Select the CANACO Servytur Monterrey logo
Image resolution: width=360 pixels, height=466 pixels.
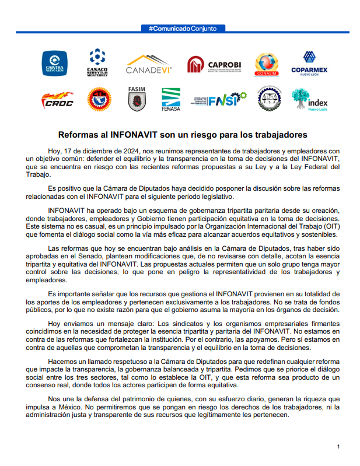click(x=97, y=63)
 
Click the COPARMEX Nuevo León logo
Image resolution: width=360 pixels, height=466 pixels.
click(x=309, y=64)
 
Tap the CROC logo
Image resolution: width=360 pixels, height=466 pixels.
click(x=57, y=100)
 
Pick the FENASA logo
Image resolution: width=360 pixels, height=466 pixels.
click(x=170, y=100)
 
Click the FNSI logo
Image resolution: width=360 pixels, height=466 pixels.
click(x=219, y=100)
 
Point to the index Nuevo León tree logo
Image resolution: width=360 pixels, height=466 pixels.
click(x=309, y=100)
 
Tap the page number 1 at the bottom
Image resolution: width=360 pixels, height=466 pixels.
click(x=338, y=446)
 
